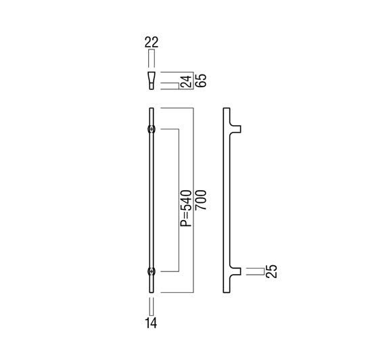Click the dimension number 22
pyautogui.click(x=152, y=43)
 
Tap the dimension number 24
pyautogui.click(x=187, y=81)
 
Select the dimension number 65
pyautogui.click(x=201, y=81)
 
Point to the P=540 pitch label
pyautogui.click(x=186, y=208)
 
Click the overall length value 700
pyautogui.click(x=201, y=200)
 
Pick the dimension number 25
pyautogui.click(x=272, y=271)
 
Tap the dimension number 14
pyautogui.click(x=151, y=323)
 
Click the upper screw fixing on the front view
pyautogui.click(x=152, y=129)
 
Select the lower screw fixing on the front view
pyautogui.click(x=152, y=271)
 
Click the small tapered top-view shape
pyautogui.click(x=152, y=81)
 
